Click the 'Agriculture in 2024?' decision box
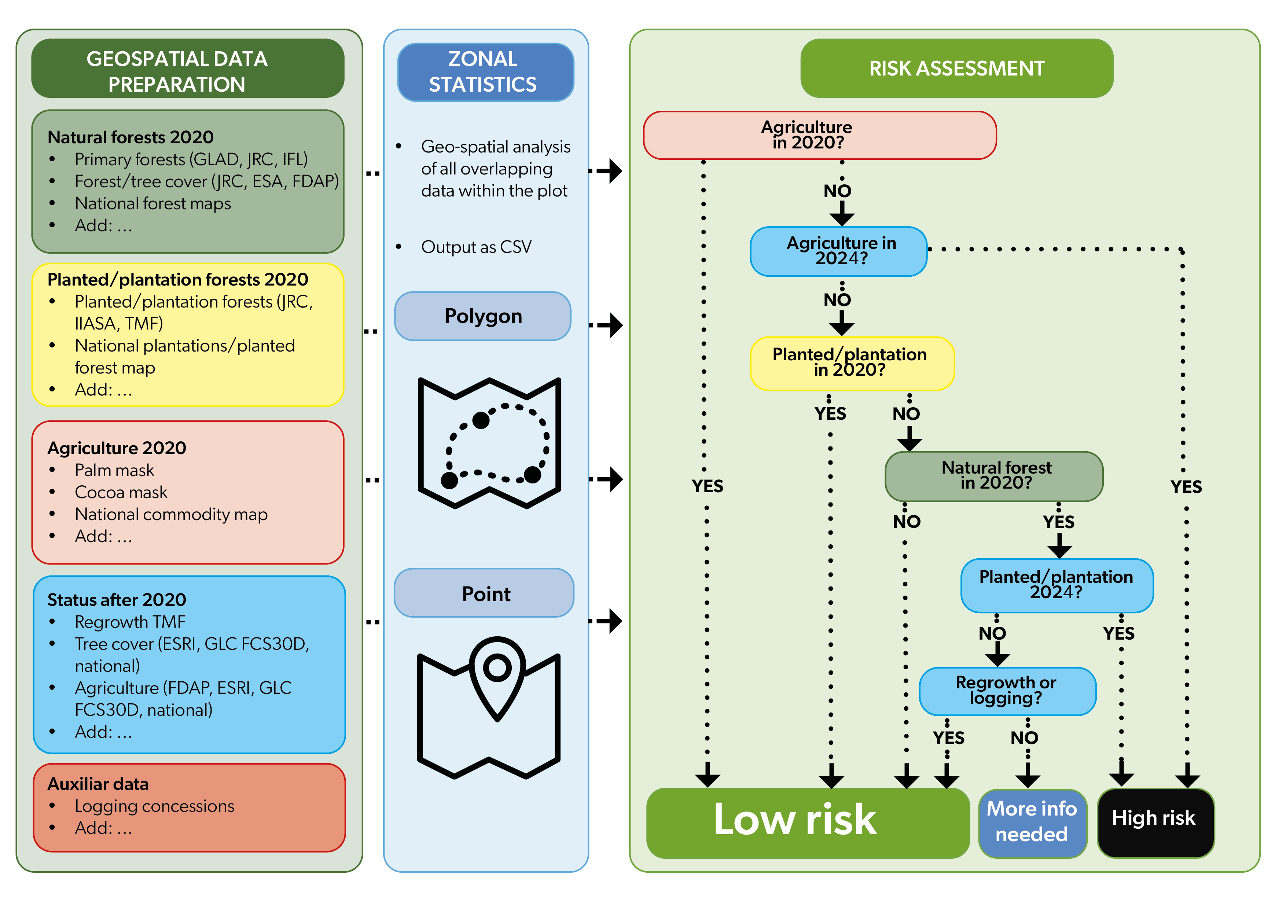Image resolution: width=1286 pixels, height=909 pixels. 838,251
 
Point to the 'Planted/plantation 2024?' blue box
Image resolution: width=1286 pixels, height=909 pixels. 1057,585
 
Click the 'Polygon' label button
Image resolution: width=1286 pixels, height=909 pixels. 483,316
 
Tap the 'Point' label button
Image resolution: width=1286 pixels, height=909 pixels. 484,593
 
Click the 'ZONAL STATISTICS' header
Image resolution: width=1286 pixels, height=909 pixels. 485,72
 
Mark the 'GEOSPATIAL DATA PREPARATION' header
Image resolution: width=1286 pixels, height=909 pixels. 188,68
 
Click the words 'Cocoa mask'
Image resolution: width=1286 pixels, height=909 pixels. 121,492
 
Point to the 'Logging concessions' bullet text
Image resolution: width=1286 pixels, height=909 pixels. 155,805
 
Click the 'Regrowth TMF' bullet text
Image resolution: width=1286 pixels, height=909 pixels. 130,622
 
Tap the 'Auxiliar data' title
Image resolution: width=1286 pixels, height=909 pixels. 98,784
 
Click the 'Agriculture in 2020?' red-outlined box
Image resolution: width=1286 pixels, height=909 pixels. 819,135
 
